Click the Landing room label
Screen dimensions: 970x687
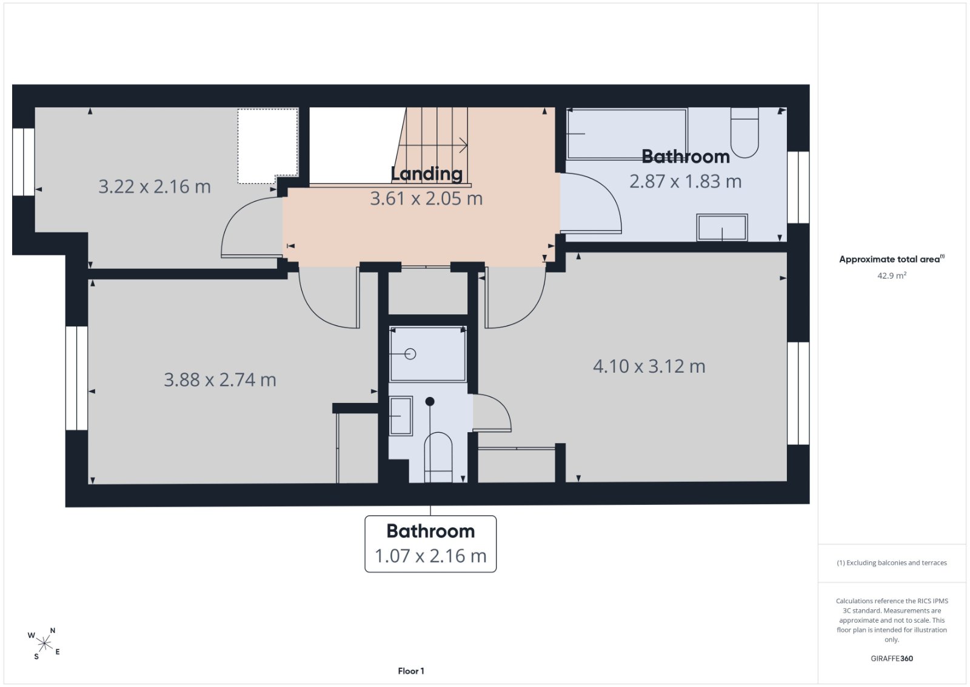pos(427,174)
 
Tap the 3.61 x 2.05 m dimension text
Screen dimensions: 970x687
pos(426,198)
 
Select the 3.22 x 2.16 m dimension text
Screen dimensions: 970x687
pos(155,187)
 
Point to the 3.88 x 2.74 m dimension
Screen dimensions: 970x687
pos(220,380)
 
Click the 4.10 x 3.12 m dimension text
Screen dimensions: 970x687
pos(649,367)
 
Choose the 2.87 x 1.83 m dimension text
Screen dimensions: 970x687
pos(686,181)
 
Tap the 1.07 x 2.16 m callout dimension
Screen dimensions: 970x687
pos(430,556)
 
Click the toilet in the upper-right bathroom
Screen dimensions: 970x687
pos(744,132)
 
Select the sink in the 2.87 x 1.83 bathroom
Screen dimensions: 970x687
pos(722,227)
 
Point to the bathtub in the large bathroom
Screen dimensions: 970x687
pos(627,134)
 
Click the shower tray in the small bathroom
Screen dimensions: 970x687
pos(428,354)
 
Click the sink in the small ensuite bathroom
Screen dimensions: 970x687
pos(401,416)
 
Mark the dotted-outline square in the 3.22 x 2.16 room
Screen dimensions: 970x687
pos(267,146)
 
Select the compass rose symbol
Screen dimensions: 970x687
pos(44,644)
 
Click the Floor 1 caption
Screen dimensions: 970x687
pos(411,671)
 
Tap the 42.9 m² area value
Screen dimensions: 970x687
pos(892,276)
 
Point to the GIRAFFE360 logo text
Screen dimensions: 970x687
pos(892,658)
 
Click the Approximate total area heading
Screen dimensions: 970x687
pos(892,259)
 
